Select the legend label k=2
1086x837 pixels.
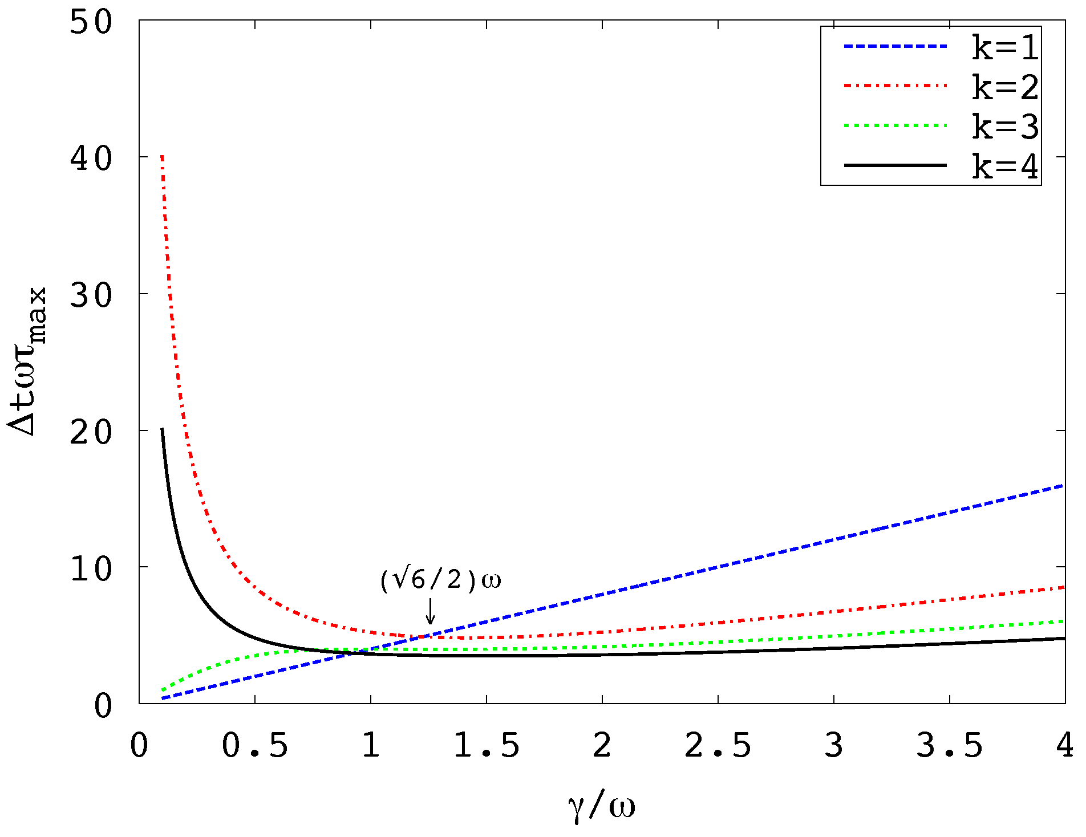[x=1005, y=87]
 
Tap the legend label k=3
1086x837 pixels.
[x=1005, y=126]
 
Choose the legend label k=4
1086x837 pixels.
[x=1005, y=166]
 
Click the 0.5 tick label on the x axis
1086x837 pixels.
[x=255, y=745]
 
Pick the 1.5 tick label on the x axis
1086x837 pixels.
[x=487, y=745]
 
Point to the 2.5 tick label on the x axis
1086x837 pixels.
[x=718, y=745]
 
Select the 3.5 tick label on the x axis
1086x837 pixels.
[x=950, y=745]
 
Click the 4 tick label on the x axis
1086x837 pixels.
[x=1064, y=745]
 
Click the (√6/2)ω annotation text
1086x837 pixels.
[x=440, y=580]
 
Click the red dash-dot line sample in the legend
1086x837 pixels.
[x=895, y=86]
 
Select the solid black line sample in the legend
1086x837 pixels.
[x=895, y=165]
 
